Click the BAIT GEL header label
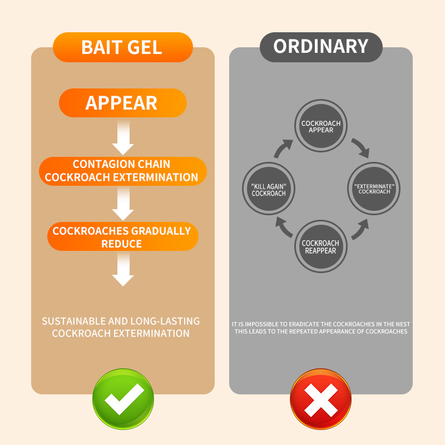click(x=122, y=47)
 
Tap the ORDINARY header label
click(x=321, y=46)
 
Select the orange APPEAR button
click(x=122, y=103)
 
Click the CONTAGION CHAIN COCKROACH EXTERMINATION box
click(x=122, y=171)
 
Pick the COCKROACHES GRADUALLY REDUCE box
click(x=122, y=237)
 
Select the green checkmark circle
click(x=123, y=399)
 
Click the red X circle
click(x=321, y=399)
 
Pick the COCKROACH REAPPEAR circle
click(x=321, y=246)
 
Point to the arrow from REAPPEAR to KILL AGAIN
click(x=284, y=229)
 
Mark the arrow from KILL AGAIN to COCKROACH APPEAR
click(x=283, y=149)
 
